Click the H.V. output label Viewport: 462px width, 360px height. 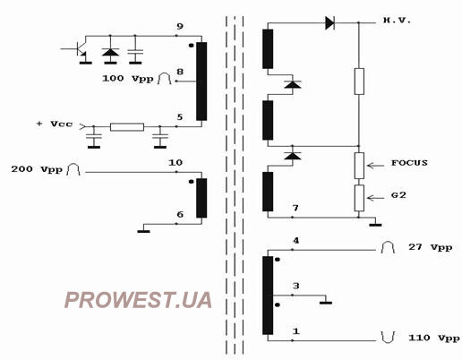[x=397, y=21]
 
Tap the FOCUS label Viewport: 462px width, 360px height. [x=409, y=163]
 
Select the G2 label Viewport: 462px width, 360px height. [x=398, y=195]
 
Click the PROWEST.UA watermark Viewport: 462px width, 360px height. [x=138, y=300]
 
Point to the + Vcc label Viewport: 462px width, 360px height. [x=54, y=124]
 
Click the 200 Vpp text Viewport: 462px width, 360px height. [x=37, y=169]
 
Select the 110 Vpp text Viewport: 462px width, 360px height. [x=434, y=338]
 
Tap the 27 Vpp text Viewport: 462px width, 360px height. [x=430, y=247]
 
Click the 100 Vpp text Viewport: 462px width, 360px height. [x=128, y=79]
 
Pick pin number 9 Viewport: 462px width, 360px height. [x=179, y=26]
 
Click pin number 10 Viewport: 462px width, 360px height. [x=175, y=163]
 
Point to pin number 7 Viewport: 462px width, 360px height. [x=295, y=208]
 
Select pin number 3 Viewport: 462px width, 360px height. [x=295, y=286]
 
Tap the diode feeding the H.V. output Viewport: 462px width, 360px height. [x=329, y=23]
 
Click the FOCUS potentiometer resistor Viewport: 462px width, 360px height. [x=359, y=166]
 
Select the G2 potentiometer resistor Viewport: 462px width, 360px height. [x=359, y=198]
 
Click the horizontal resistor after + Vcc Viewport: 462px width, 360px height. [x=127, y=127]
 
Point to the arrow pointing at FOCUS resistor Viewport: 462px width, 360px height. [x=375, y=166]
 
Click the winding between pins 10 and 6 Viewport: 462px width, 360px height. [x=201, y=198]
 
